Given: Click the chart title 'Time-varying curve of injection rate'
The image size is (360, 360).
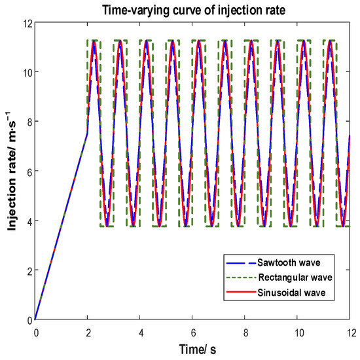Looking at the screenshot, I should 193,9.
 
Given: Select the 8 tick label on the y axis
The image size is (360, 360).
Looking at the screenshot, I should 27,122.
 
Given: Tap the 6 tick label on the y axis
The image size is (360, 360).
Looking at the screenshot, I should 27,171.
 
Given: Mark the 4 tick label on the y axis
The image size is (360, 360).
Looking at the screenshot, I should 27,221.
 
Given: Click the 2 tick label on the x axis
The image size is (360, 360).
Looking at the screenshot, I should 88,332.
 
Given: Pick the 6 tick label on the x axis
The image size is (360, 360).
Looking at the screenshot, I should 193,332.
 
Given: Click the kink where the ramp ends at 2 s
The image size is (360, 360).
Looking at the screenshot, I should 88,134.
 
